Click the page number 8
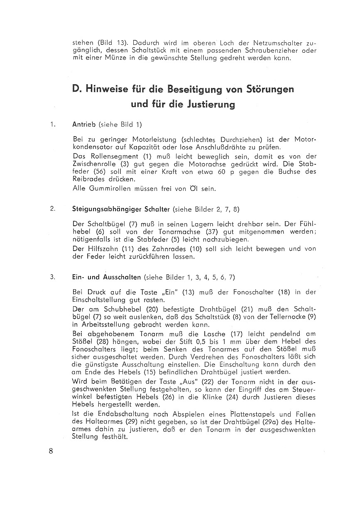click(x=51, y=451)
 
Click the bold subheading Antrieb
click(x=84, y=124)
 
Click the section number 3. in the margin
click(x=52, y=277)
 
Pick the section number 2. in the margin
click(x=52, y=209)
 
